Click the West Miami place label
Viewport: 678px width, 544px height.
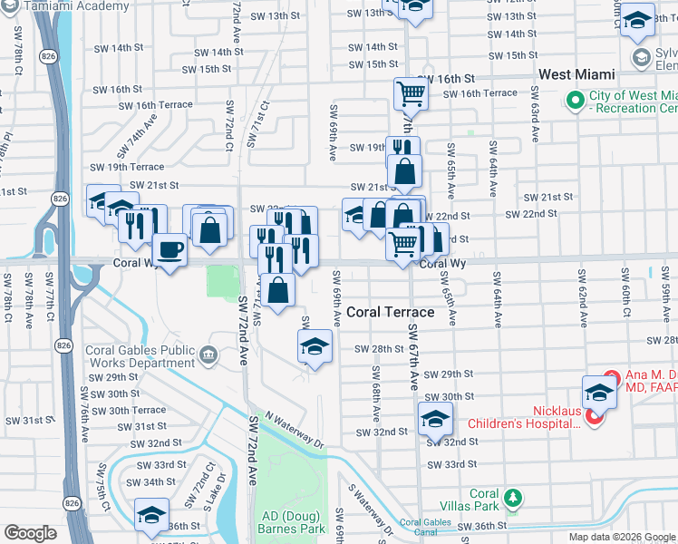(x=576, y=73)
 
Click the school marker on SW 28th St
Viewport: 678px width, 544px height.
(x=315, y=346)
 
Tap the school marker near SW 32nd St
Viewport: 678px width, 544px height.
(x=435, y=418)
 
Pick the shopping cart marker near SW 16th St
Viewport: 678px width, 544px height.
(x=411, y=93)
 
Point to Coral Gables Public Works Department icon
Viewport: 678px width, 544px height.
(x=209, y=352)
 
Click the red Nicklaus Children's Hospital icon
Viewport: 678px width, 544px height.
(x=594, y=416)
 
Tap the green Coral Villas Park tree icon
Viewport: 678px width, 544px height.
(x=513, y=498)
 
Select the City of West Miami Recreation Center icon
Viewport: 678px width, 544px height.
(x=573, y=100)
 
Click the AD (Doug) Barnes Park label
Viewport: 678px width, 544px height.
(x=291, y=520)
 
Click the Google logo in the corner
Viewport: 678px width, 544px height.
(x=30, y=533)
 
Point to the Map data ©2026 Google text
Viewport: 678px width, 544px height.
(x=621, y=537)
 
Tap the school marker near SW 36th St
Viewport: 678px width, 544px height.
(x=151, y=514)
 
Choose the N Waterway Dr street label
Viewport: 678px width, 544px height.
(x=295, y=431)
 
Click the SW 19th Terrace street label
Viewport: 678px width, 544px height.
(x=127, y=167)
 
